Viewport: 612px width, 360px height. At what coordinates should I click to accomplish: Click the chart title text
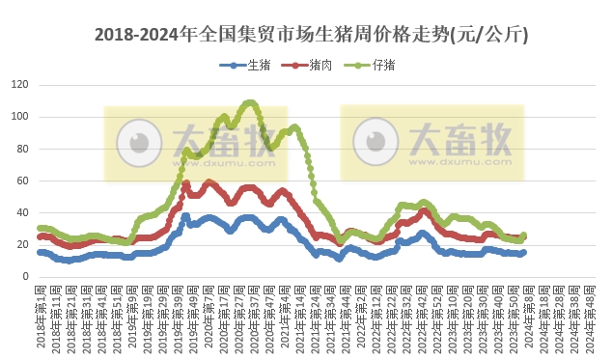pyautogui.click(x=311, y=35)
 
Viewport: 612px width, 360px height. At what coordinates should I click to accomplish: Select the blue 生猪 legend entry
pyautogui.click(x=247, y=65)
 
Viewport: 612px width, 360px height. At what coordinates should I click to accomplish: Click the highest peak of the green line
pyautogui.click(x=250, y=101)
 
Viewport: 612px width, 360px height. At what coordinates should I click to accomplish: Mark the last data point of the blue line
pyautogui.click(x=523, y=253)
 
